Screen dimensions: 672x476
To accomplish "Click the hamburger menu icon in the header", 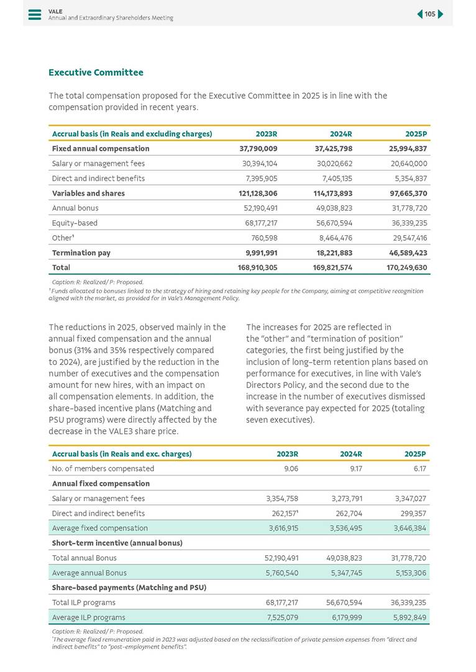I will (x=35, y=14).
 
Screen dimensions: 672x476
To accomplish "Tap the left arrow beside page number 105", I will (x=420, y=14).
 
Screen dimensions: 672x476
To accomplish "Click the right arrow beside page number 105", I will (x=441, y=14).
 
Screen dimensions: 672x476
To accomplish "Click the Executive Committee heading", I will (x=96, y=73).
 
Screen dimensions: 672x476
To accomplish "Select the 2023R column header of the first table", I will (x=266, y=133).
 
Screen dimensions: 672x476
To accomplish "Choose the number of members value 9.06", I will (x=291, y=468).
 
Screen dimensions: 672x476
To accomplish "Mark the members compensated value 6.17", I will (x=418, y=468).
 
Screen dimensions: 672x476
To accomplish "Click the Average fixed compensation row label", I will (x=100, y=528).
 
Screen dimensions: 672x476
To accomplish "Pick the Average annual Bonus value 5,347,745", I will (x=345, y=573).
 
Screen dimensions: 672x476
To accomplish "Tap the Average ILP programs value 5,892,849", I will (x=409, y=617).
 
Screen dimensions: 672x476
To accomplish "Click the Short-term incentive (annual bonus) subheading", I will (x=117, y=543).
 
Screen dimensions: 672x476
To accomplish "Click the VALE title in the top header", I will (x=55, y=11).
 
